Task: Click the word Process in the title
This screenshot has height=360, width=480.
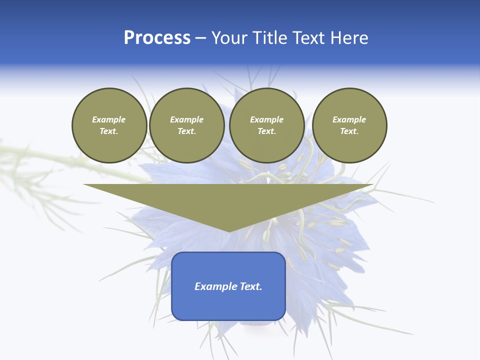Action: (x=157, y=38)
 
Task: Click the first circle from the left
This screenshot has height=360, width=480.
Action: (x=109, y=125)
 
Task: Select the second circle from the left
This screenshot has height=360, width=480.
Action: (x=187, y=125)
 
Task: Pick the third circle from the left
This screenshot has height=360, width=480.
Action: (x=266, y=125)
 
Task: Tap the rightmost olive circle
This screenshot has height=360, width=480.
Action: (x=349, y=125)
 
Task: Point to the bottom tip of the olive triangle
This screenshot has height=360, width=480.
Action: (x=229, y=231)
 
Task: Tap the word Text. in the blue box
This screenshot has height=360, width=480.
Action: (x=250, y=286)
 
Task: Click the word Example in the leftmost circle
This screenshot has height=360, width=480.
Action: (x=109, y=119)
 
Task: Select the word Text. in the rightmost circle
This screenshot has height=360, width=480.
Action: (x=349, y=131)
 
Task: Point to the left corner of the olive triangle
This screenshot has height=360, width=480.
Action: (x=84, y=185)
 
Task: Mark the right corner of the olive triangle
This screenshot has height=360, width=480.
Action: (x=372, y=185)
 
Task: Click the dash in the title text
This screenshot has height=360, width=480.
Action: (x=200, y=38)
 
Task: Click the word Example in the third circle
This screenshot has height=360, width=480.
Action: (x=266, y=119)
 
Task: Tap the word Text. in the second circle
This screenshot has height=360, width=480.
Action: (x=187, y=131)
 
